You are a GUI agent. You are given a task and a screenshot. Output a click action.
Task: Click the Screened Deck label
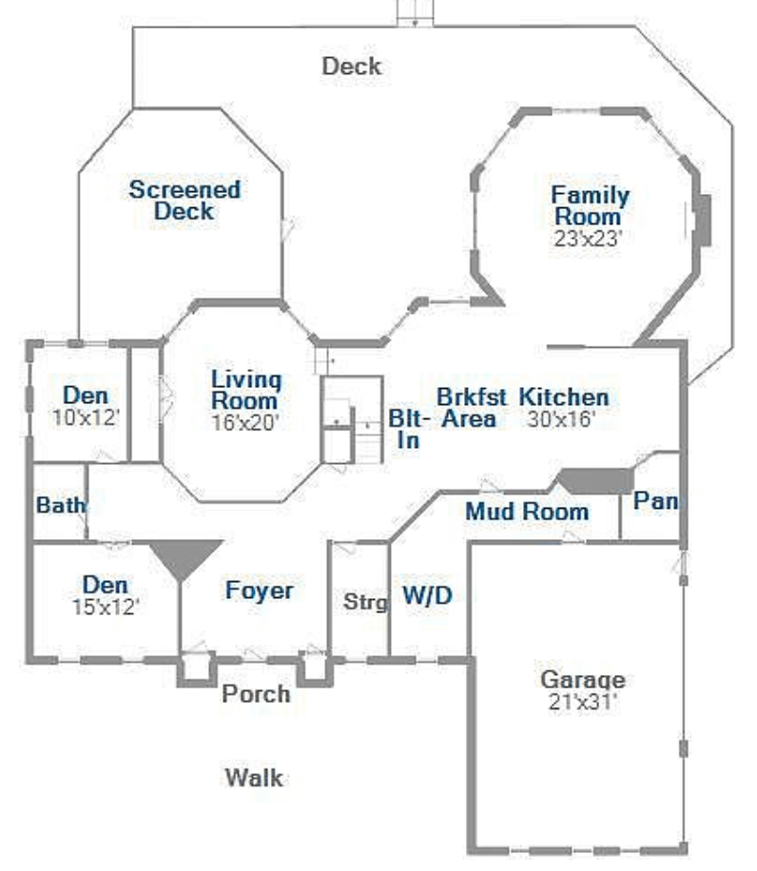[184, 200]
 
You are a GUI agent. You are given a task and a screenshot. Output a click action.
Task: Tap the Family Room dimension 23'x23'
[588, 239]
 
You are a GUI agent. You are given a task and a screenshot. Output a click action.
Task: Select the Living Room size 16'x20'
[245, 423]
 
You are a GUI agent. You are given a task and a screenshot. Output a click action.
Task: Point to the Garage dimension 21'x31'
[583, 702]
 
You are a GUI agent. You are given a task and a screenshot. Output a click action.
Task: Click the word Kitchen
[564, 397]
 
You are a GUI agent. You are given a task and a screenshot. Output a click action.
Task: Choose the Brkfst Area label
[471, 408]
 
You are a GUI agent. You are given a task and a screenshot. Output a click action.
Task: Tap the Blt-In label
[409, 430]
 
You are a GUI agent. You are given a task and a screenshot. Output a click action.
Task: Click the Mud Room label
[527, 512]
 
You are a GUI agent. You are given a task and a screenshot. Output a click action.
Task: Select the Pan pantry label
[656, 501]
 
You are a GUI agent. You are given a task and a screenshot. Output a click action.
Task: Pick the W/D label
[427, 595]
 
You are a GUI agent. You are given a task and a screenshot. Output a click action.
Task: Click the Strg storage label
[365, 602]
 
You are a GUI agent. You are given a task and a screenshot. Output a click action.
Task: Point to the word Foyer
[260, 590]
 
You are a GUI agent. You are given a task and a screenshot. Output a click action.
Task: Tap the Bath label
[61, 506]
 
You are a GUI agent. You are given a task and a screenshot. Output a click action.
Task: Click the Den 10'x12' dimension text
[87, 417]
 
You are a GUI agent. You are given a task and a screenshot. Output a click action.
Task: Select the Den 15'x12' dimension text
[106, 608]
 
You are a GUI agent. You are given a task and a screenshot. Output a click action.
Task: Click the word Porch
[256, 694]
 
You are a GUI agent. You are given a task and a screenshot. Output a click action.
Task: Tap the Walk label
[254, 778]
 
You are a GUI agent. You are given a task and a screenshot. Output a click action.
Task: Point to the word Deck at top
[352, 67]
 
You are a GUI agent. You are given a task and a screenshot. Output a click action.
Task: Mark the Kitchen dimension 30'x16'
[561, 419]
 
